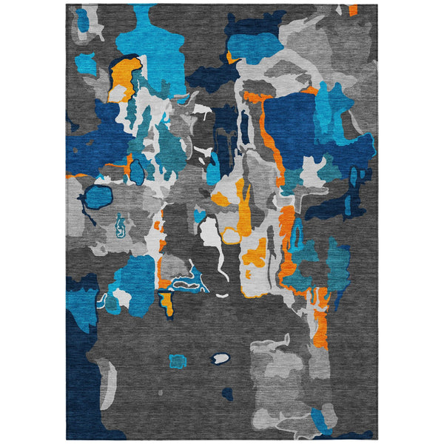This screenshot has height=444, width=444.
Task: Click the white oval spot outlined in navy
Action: [221, 358]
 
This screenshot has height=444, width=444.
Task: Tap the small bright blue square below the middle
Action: [178, 360]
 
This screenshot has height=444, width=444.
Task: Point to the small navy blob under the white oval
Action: [228, 394]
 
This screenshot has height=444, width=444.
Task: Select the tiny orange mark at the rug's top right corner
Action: [353, 10]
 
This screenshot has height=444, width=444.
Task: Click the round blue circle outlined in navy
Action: [98, 198]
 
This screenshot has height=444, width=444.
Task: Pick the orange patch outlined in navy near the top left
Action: [125, 77]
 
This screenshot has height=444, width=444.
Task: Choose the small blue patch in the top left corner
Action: [81, 20]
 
